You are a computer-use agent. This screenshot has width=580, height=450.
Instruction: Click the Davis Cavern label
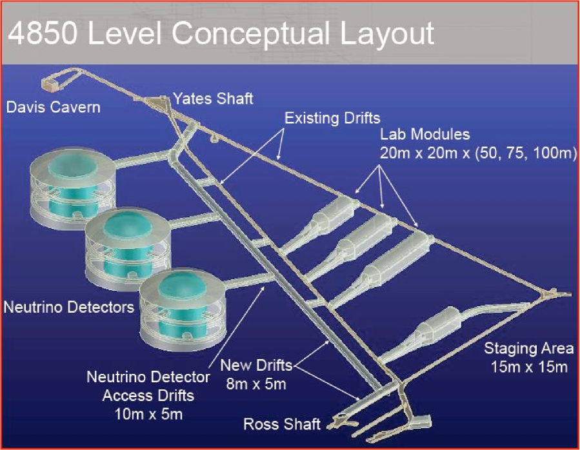[x=54, y=108]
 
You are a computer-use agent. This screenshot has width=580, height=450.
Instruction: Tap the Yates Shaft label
[x=214, y=99]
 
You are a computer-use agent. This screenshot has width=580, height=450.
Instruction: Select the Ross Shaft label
[x=282, y=424]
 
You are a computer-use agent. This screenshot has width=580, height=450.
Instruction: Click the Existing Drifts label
[x=332, y=119]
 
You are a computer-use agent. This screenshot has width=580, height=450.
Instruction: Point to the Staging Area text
[x=529, y=348]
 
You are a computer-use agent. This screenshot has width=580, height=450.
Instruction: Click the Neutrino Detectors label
[x=69, y=308]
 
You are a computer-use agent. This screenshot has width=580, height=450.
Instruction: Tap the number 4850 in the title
[x=43, y=33]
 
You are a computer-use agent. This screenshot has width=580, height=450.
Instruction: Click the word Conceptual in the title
[x=251, y=33]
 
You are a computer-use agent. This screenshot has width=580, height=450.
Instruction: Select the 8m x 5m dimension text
[x=256, y=384]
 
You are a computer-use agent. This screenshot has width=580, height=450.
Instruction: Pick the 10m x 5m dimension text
[x=148, y=415]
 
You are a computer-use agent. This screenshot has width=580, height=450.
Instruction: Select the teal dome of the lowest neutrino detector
[x=183, y=286]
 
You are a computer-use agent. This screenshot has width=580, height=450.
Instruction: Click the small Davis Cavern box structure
[x=50, y=84]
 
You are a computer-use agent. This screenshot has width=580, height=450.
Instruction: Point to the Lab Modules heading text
[x=425, y=134]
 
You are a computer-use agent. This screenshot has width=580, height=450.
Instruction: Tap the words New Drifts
[x=256, y=366]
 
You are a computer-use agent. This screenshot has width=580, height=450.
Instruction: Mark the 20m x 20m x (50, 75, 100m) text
[x=478, y=153]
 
